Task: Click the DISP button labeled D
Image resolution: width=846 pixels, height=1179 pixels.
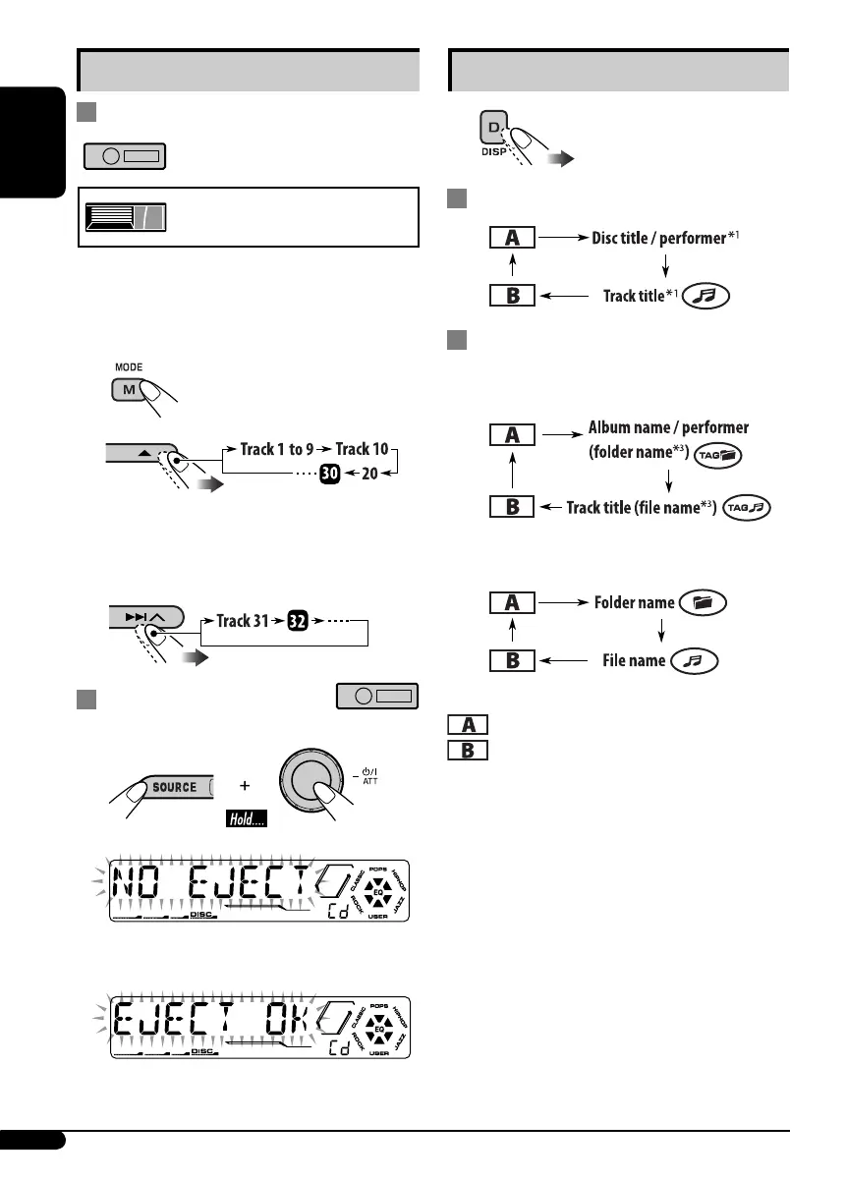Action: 492,130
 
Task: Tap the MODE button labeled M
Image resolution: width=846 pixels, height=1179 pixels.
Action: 127,391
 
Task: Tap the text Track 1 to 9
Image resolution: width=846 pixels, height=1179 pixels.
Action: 276,450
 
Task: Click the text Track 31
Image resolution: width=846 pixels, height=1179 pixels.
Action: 247,620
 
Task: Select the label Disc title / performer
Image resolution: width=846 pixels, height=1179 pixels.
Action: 657,238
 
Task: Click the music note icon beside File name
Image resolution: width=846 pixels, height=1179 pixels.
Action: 696,660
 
